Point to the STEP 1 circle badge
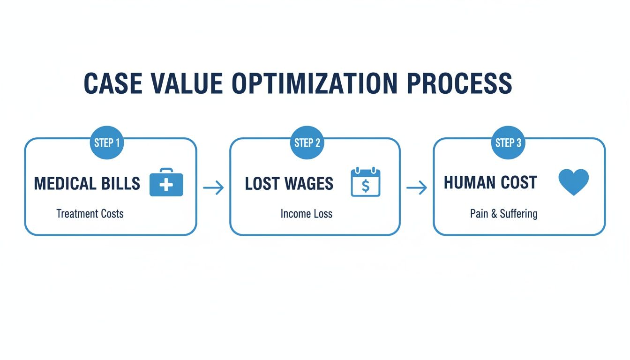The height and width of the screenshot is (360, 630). pyautogui.click(x=106, y=143)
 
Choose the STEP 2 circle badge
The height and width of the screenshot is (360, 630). pyautogui.click(x=307, y=143)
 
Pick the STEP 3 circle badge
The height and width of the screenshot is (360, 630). pyautogui.click(x=508, y=143)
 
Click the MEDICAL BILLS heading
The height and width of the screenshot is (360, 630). pyautogui.click(x=87, y=184)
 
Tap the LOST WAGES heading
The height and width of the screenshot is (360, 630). pyautogui.click(x=289, y=184)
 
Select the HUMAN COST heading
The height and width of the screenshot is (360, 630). pyautogui.click(x=490, y=183)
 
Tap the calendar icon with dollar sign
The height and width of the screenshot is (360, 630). pyautogui.click(x=366, y=183)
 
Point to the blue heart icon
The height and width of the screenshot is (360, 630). pyautogui.click(x=574, y=182)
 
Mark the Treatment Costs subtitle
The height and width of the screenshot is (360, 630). pyautogui.click(x=90, y=214)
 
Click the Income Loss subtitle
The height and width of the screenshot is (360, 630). pyautogui.click(x=307, y=214)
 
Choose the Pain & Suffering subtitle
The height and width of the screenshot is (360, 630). pyautogui.click(x=503, y=214)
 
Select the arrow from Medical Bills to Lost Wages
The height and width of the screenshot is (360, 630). pyautogui.click(x=213, y=188)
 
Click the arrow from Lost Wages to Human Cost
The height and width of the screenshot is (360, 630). pyautogui.click(x=416, y=188)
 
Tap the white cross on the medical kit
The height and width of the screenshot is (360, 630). pyautogui.click(x=166, y=186)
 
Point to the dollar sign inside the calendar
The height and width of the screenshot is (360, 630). pyautogui.click(x=366, y=186)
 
